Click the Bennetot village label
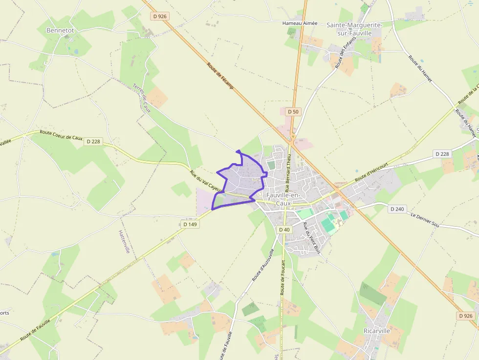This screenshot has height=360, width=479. point(60,30)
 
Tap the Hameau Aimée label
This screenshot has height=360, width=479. point(300,23)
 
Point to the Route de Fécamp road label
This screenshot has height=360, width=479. point(220,76)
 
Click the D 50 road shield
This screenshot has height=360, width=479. point(293,112)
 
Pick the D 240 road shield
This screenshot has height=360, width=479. point(397,209)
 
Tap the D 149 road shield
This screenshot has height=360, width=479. point(190,224)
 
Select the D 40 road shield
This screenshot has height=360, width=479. point(284,230)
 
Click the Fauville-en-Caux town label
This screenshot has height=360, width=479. point(283,199)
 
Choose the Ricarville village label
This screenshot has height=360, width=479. point(377,331)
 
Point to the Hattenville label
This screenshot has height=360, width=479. point(124,242)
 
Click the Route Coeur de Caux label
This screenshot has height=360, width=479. point(62,135)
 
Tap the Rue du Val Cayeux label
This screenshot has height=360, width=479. point(206,180)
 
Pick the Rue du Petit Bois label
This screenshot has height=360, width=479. point(311,237)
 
